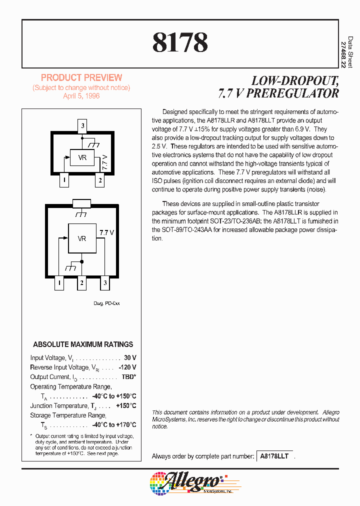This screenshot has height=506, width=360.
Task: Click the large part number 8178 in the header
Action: click(x=180, y=42)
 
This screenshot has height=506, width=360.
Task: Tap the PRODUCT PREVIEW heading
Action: click(x=81, y=77)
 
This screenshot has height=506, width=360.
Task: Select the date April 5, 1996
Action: click(x=81, y=96)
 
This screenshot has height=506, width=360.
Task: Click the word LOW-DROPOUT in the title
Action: click(x=295, y=80)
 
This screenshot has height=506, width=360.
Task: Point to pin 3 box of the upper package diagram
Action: click(x=82, y=125)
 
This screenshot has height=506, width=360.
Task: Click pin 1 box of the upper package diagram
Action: click(x=63, y=180)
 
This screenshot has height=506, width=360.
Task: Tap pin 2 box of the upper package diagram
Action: click(x=100, y=180)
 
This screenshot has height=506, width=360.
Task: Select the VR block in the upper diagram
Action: click(x=82, y=158)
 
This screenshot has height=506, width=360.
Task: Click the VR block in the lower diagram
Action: click(x=82, y=238)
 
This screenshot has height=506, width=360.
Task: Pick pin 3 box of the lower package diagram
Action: click(x=105, y=283)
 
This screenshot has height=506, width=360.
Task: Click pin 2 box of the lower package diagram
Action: click(x=82, y=283)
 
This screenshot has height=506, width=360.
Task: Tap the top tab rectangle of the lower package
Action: click(x=81, y=203)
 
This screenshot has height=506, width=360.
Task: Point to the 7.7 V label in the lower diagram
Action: click(x=106, y=232)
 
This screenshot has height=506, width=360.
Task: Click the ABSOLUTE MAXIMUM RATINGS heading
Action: click(x=83, y=344)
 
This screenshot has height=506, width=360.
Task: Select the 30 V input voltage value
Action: click(x=130, y=358)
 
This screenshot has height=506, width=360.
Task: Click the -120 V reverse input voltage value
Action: click(x=127, y=367)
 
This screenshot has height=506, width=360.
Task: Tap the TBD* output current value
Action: click(x=128, y=377)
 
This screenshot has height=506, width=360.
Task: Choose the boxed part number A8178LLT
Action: click(x=274, y=456)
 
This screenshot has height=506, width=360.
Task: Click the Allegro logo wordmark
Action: click(x=192, y=482)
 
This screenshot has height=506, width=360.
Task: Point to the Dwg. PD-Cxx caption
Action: click(x=106, y=303)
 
